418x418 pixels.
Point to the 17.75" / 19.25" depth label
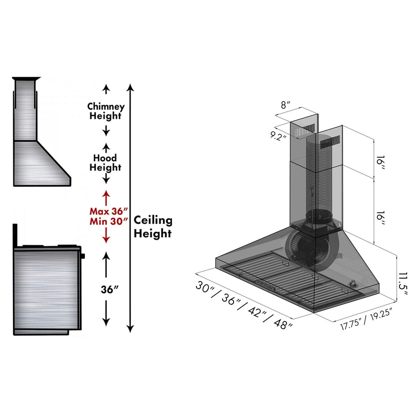366,320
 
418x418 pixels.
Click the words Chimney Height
105,111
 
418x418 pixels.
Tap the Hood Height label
105,163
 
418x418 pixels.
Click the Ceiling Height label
153,227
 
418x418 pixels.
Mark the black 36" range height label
109,290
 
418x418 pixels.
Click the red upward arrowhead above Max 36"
106,194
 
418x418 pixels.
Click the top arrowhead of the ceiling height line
130,86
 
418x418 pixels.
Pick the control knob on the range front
83,256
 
